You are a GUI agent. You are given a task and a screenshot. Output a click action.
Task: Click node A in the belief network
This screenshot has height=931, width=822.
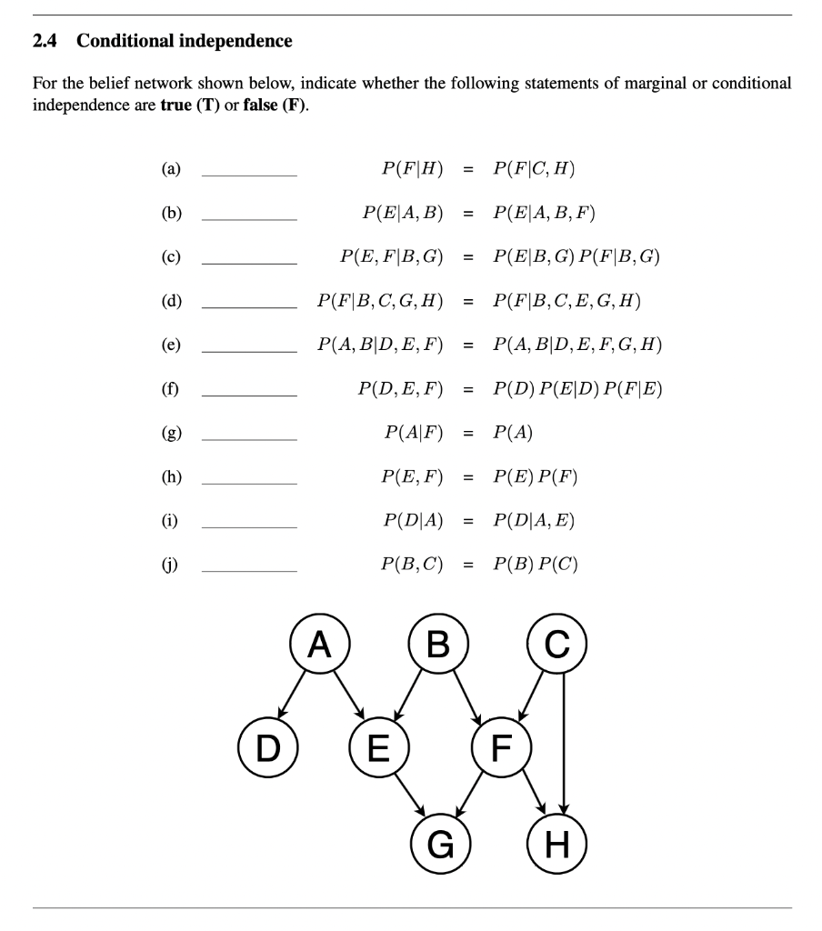(x=318, y=646)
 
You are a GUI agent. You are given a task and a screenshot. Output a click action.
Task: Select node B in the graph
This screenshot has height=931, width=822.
(x=438, y=646)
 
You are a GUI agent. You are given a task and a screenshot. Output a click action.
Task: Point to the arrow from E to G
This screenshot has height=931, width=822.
(x=409, y=796)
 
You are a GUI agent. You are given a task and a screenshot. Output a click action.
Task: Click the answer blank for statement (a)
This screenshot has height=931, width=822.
(x=249, y=173)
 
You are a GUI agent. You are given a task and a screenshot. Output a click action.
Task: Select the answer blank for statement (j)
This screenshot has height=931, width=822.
(x=249, y=569)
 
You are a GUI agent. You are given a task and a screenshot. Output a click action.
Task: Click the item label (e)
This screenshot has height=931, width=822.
(x=171, y=345)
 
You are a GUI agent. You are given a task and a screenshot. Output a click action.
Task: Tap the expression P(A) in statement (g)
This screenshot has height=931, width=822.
(x=512, y=433)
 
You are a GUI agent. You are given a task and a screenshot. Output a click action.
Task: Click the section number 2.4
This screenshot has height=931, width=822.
(x=45, y=41)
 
